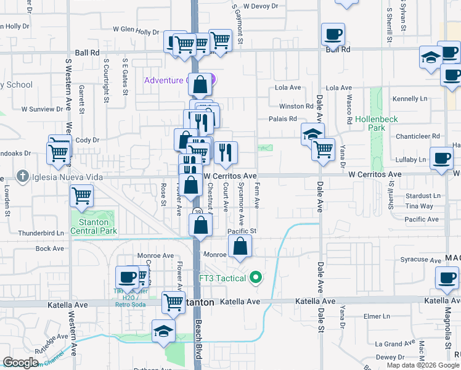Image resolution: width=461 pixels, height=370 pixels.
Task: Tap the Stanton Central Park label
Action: [94, 227]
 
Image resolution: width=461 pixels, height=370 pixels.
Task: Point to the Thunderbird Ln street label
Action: [41, 233]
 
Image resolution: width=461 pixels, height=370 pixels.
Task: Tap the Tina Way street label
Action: [419, 206]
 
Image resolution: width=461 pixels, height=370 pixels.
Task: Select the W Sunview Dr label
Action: [43, 109]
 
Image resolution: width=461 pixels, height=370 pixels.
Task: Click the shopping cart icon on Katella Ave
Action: [174, 302]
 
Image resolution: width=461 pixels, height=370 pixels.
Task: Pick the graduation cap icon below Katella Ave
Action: [164, 332]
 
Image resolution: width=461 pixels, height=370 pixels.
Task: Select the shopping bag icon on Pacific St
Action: [240, 247]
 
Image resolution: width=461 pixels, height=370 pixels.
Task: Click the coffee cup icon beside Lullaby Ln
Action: [441, 158]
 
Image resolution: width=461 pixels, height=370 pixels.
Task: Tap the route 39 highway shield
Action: [197, 213]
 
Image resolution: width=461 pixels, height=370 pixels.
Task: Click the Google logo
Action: [21, 363]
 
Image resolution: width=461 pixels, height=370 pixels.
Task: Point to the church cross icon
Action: [22, 177]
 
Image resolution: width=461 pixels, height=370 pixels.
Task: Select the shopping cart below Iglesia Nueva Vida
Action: [81, 196]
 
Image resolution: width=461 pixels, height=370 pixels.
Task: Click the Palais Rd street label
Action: [282, 120]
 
